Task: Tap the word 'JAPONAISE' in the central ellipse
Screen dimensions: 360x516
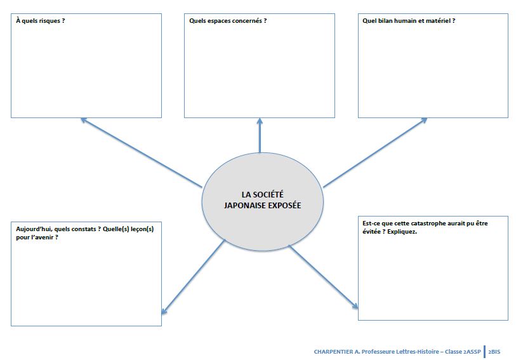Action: click(x=245, y=205)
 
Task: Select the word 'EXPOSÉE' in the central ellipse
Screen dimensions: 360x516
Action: click(x=284, y=205)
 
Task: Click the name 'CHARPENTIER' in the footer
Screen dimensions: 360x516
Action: click(x=331, y=351)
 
